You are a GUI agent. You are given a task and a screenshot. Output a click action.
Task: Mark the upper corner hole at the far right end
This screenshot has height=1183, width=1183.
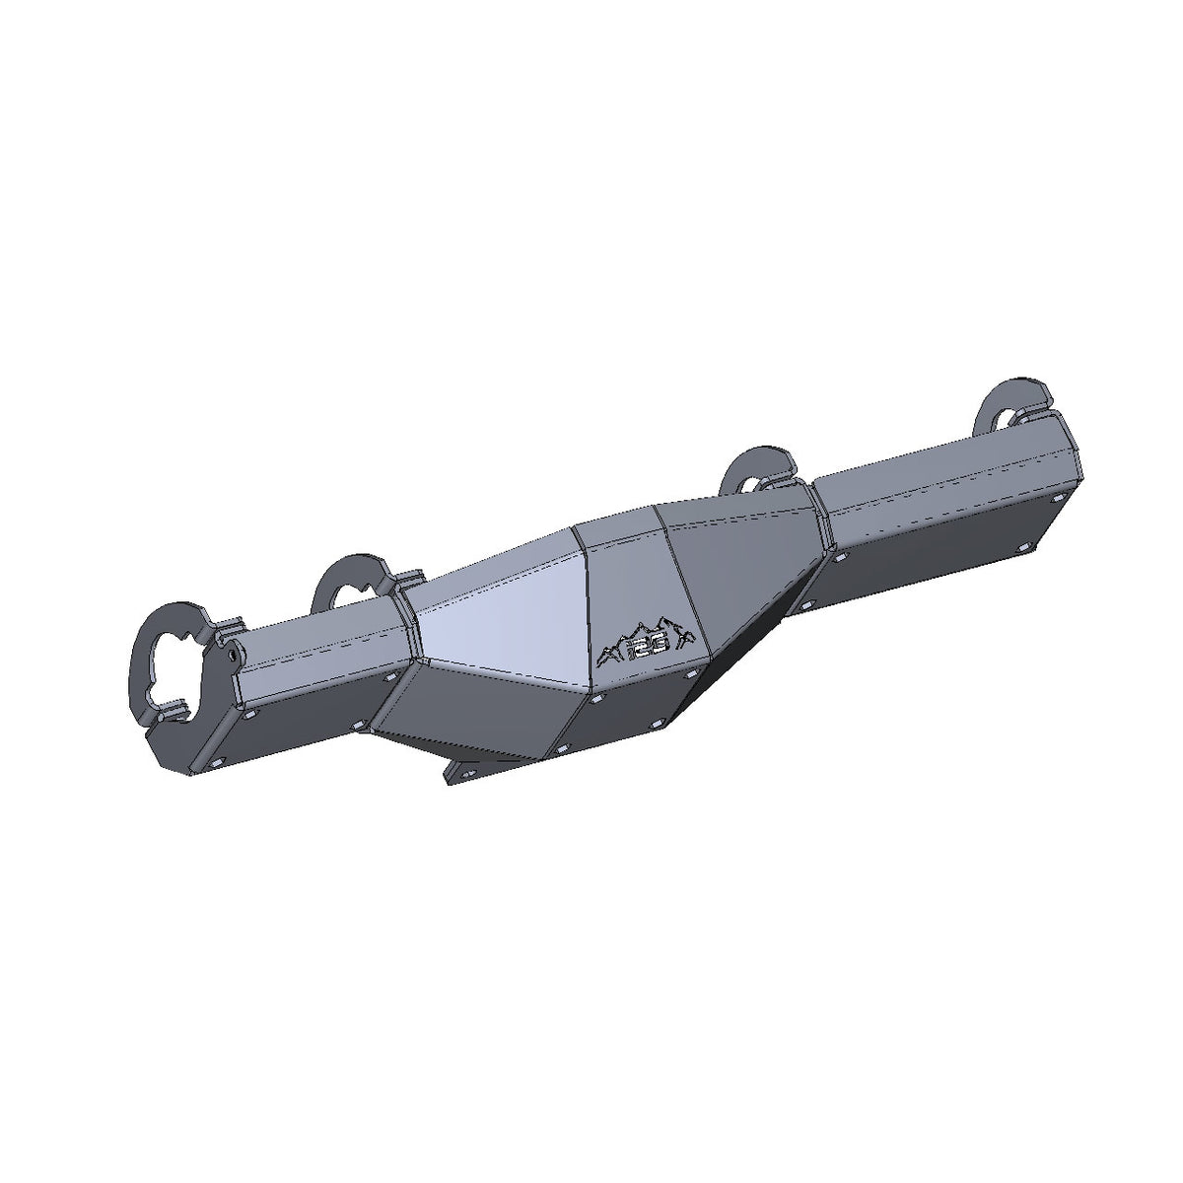[1057, 501]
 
